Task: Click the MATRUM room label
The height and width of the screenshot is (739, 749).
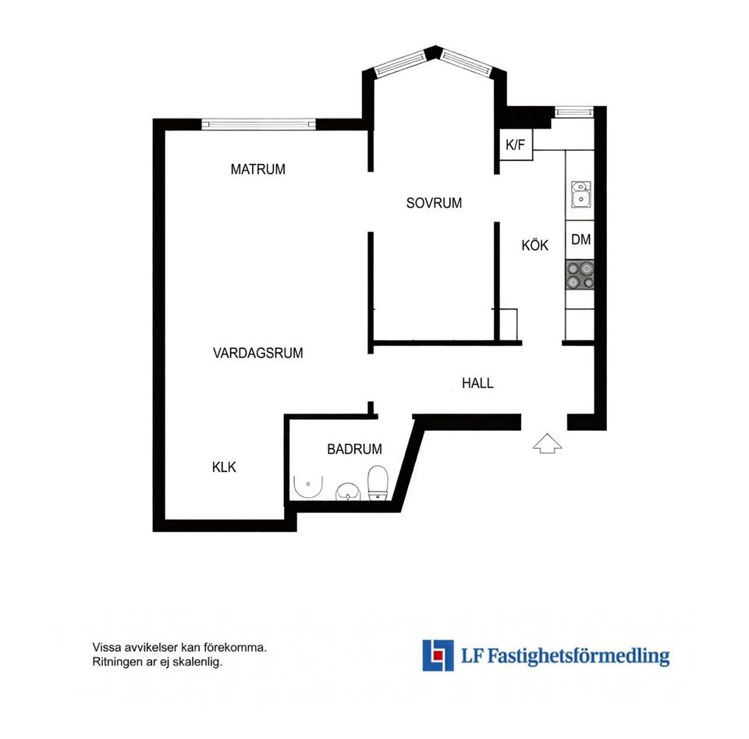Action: tap(257, 169)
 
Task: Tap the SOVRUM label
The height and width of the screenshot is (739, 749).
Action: tap(434, 203)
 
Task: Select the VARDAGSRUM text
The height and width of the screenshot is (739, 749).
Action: tap(257, 353)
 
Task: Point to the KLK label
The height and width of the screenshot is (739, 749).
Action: tap(224, 467)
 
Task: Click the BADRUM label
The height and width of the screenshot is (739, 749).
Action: tap(354, 449)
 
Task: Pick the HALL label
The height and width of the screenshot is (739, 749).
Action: tap(477, 383)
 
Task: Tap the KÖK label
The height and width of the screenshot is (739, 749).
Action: tap(535, 245)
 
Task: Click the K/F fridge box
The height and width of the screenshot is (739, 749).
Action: tap(515, 145)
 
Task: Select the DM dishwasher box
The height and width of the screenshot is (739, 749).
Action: tap(580, 240)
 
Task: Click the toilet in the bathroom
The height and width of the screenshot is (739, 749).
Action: tap(378, 482)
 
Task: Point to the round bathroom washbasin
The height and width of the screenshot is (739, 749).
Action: tap(347, 492)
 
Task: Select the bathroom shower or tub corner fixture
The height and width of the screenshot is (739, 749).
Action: tap(306, 487)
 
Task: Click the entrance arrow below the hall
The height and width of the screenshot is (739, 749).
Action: tap(548, 444)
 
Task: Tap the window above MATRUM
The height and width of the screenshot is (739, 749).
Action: tap(258, 123)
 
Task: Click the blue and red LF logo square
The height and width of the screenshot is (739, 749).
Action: tap(438, 655)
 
